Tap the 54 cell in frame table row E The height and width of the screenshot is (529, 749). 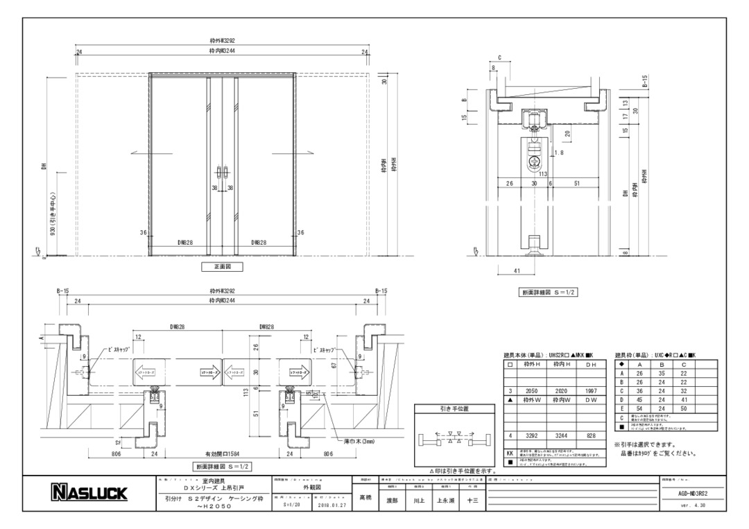click(639, 410)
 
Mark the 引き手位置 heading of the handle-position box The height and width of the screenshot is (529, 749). click(454, 409)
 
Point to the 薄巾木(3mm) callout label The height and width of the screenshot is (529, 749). click(357, 442)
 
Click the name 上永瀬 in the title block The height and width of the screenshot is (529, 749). click(445, 499)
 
